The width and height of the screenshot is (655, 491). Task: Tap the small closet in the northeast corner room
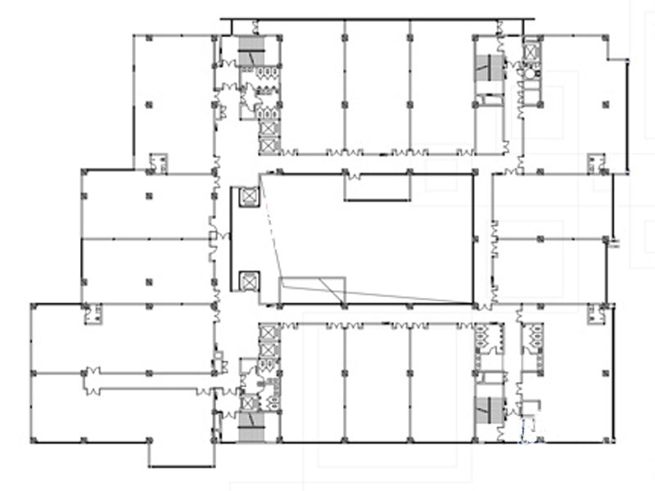coord(595,162)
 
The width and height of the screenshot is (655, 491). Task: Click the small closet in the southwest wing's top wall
coord(93,313)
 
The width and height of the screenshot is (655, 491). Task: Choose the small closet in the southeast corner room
coord(595,313)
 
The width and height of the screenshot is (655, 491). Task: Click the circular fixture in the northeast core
coord(531,73)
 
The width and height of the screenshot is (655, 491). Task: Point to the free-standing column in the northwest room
coord(149,104)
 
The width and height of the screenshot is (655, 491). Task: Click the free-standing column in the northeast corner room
coord(605,104)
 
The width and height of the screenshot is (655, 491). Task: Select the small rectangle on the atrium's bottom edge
coord(312,291)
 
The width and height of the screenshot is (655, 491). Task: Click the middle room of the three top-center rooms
coord(377,86)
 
